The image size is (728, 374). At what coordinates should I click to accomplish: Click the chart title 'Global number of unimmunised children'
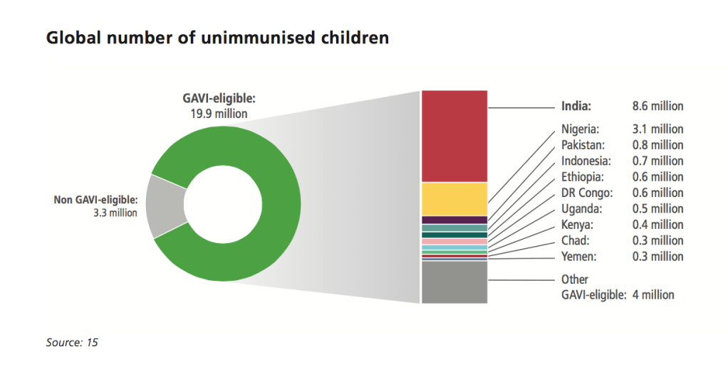pos(217,38)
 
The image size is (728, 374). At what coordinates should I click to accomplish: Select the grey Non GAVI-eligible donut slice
pos(165,206)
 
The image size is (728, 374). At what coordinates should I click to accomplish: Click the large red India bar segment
pos(454,137)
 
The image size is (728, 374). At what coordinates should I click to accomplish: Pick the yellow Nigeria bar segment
pos(454,199)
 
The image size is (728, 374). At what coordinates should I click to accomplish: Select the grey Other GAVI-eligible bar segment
pos(454,282)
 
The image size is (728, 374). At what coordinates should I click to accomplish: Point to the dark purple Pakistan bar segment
pos(454,220)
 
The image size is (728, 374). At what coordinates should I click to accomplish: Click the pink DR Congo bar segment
pos(454,242)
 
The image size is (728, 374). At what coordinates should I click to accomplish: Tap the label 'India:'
pos(576,106)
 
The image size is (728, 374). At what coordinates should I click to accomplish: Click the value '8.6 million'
pos(657,106)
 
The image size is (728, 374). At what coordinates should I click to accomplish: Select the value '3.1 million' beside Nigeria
pos(657,129)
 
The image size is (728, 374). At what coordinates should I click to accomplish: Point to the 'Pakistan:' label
pos(583,145)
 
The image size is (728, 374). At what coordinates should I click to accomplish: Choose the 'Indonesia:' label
pos(586,161)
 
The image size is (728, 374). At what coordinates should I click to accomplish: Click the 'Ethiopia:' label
pos(583,177)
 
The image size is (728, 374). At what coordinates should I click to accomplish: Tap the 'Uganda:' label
pos(582,208)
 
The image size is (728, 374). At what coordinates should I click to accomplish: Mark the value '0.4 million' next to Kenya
pos(657,225)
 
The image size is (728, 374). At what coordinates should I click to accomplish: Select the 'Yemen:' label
pos(579,256)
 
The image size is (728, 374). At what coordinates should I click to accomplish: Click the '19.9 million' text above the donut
pos(219,114)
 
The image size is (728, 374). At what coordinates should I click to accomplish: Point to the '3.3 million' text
pos(115,213)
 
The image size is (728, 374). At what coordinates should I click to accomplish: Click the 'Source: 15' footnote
pos(72,343)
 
